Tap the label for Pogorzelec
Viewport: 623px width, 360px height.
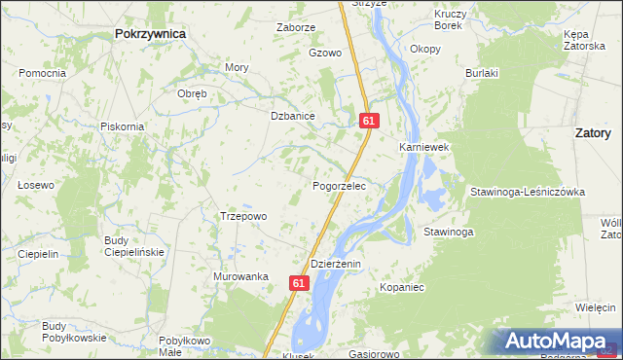(x=339, y=185)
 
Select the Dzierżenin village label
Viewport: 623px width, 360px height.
(x=336, y=264)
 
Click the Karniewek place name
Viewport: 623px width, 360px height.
(x=422, y=147)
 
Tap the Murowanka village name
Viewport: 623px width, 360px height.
(x=240, y=276)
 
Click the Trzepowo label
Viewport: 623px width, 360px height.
(x=243, y=216)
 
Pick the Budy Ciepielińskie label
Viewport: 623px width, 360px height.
(x=134, y=245)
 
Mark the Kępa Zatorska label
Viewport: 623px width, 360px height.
(x=583, y=39)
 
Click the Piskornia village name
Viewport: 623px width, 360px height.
(x=123, y=126)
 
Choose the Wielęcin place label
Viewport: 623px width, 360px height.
(x=596, y=307)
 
